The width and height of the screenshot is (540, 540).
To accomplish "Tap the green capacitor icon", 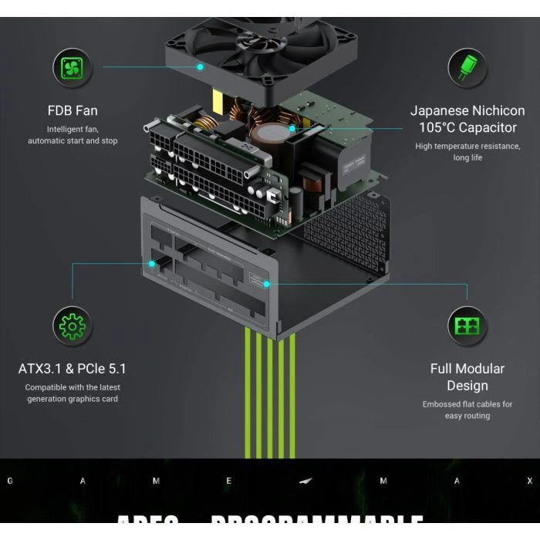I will coord(467,67).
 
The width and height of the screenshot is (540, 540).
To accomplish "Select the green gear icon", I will coord(73,326).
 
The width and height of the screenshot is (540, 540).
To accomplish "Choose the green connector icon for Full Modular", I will coord(467,326).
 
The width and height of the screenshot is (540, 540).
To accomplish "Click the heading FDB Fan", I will coord(73,110).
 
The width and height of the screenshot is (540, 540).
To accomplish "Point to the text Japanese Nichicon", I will coord(467,110).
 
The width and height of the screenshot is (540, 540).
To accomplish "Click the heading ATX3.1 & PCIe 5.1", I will coord(73,369).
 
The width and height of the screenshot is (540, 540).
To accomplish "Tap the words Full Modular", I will coord(467,369).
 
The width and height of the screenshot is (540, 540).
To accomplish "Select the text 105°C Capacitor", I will coord(467,127).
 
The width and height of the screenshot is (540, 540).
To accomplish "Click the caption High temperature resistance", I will coord(467,146).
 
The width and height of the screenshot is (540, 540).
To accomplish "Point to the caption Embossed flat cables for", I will coord(467,404).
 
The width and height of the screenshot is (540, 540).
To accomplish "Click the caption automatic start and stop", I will coord(73,141).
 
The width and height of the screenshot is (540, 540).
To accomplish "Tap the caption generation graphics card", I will coord(73,399).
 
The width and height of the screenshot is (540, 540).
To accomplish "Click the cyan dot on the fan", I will coord(200,67).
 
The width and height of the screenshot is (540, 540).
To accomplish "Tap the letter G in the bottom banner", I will coord(10,481).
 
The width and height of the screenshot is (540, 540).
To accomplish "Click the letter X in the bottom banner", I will coord(529,481).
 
